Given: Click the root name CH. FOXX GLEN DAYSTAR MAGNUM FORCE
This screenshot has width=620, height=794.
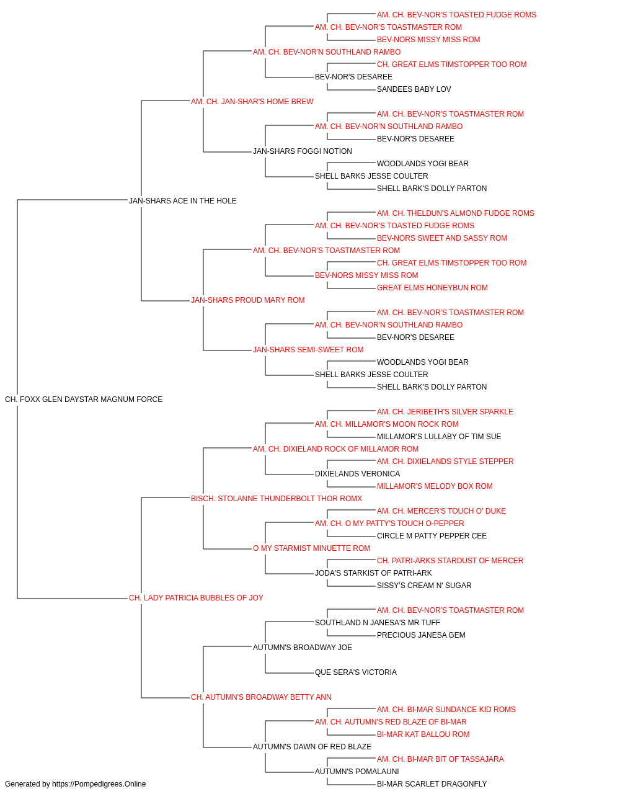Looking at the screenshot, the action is coord(84,399).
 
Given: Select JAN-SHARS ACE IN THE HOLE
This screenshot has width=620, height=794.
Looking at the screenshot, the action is coord(182,201).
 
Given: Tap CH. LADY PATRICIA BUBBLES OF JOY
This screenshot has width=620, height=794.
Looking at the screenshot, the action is coord(196,598).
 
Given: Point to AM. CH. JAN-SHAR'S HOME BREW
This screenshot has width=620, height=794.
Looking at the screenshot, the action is coord(252,102).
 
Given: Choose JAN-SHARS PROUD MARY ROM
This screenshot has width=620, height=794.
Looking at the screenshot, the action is coord(247,300).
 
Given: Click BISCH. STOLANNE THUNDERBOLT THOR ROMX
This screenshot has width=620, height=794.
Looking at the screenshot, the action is coord(277,498).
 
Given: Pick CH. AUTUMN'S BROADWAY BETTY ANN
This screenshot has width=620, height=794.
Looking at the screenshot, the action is coord(261,697).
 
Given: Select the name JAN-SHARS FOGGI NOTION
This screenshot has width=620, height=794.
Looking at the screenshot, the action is coord(303,151).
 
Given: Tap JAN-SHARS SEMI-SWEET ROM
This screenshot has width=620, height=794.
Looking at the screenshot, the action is coord(308,350).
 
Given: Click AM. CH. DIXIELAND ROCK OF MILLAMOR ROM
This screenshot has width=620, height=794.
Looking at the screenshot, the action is coord(335,449).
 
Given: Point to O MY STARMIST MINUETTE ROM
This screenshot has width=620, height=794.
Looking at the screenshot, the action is coord(311,548).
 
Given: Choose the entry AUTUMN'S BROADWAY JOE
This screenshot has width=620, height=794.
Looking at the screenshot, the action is coord(303,648).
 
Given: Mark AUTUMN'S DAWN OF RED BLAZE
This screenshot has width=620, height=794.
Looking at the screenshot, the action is coord(312,747).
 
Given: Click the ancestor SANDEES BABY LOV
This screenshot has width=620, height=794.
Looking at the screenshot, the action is coord(414,89).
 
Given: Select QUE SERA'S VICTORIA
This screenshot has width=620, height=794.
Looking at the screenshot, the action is coord(356,672).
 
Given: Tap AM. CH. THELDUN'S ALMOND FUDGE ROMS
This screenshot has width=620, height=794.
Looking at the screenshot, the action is coord(455,213).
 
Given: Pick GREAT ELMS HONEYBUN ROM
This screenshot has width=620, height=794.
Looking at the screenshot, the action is coord(432,288).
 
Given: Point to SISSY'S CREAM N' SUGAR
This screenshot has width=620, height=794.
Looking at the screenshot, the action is coord(424,586).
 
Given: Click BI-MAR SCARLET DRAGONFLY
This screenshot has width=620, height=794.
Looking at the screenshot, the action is coord(432,784).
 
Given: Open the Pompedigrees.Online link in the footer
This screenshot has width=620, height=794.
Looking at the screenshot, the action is coord(99,784).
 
